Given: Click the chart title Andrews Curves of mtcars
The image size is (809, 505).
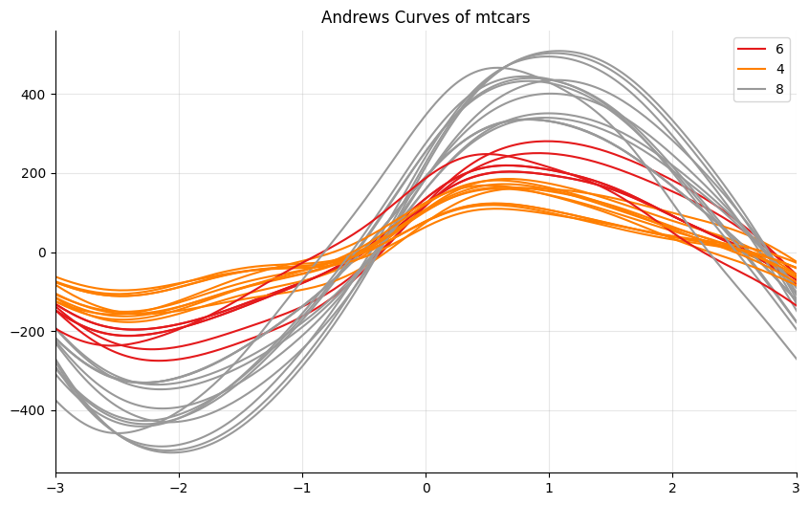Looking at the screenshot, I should coord(426,17).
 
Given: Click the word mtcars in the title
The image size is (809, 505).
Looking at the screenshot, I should coord(503,17).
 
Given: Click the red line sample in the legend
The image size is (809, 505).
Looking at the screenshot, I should coord(751,49).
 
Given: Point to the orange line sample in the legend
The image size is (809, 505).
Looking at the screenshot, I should coord(751,70).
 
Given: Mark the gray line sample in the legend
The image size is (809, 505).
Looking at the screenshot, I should coord(751,90).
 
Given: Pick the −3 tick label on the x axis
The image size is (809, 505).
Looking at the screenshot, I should coord(55,489).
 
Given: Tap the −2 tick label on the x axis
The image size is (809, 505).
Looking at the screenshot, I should coord(179,489).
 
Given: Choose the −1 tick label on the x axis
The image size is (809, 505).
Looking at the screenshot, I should coord(302,489).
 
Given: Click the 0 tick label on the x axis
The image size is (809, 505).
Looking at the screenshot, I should coord(426,489).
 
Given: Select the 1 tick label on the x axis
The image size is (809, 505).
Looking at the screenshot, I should coord(550,489).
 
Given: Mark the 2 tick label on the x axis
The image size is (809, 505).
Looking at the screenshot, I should coord(673,489).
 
